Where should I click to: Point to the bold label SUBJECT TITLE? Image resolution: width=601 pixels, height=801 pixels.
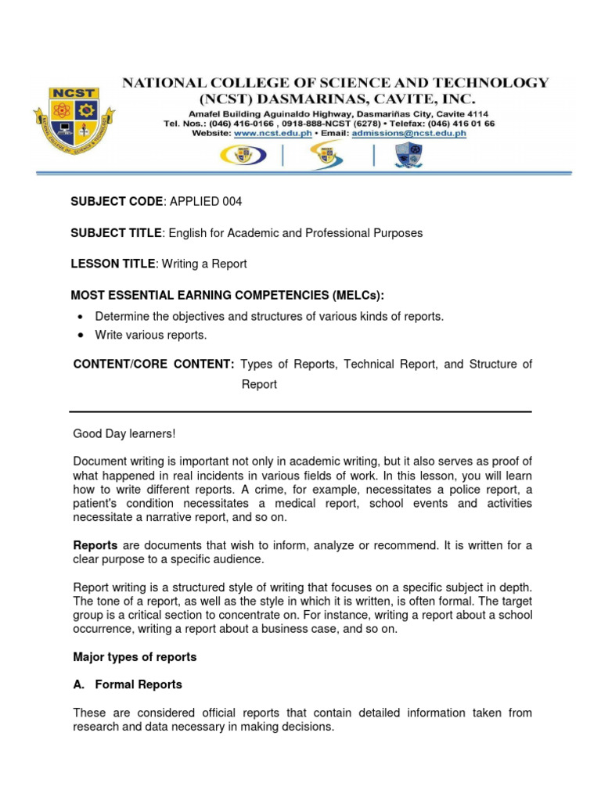click(x=117, y=233)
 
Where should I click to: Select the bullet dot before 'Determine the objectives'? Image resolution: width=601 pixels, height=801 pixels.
click(x=81, y=317)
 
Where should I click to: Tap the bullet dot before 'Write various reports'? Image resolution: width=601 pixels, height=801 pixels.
click(x=81, y=336)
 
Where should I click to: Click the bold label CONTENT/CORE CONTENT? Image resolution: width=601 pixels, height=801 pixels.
click(x=153, y=365)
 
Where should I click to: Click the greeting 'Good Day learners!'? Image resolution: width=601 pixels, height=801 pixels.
click(x=119, y=433)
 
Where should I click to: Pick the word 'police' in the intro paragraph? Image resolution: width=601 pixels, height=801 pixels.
click(x=443, y=490)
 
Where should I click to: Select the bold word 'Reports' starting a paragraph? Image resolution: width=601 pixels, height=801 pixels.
click(x=95, y=546)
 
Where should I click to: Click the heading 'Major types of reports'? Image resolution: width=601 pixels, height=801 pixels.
click(x=135, y=657)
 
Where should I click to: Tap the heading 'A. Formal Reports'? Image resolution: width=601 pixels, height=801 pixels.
click(x=128, y=684)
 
